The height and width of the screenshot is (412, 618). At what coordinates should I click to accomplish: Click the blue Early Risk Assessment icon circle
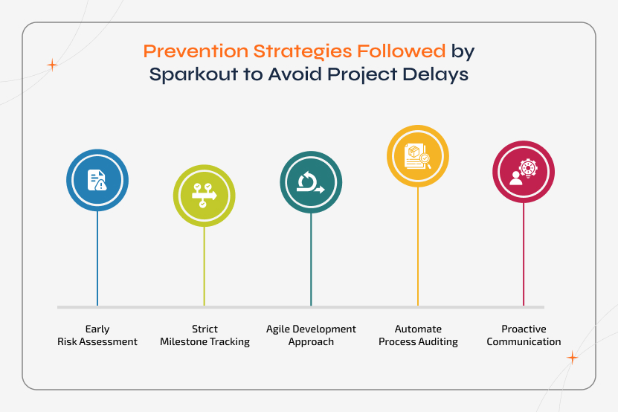[x=97, y=180]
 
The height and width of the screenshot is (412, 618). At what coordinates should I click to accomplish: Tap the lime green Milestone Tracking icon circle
[x=205, y=196]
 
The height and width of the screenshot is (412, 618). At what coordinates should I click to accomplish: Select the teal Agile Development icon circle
[x=311, y=183]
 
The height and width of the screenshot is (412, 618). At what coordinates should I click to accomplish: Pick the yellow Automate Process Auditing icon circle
[x=418, y=156]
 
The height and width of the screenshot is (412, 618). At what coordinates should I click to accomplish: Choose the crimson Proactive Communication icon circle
[x=524, y=172]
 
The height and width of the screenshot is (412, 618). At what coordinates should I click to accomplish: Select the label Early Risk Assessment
[x=97, y=335]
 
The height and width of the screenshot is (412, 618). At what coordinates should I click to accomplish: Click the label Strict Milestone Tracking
[x=205, y=335]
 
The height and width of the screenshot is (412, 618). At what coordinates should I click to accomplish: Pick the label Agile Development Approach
[x=311, y=335]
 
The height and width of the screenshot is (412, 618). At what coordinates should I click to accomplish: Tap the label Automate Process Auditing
[x=418, y=335]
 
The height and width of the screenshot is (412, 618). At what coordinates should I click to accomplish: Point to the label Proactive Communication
[x=524, y=335]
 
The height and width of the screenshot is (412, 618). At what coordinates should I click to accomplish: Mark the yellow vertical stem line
[x=418, y=245]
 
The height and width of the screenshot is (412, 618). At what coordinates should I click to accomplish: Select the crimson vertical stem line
[x=524, y=253]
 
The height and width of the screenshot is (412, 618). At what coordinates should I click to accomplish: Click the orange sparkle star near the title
[x=52, y=65]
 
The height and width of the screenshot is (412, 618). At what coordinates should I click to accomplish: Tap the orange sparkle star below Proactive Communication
[x=572, y=358]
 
